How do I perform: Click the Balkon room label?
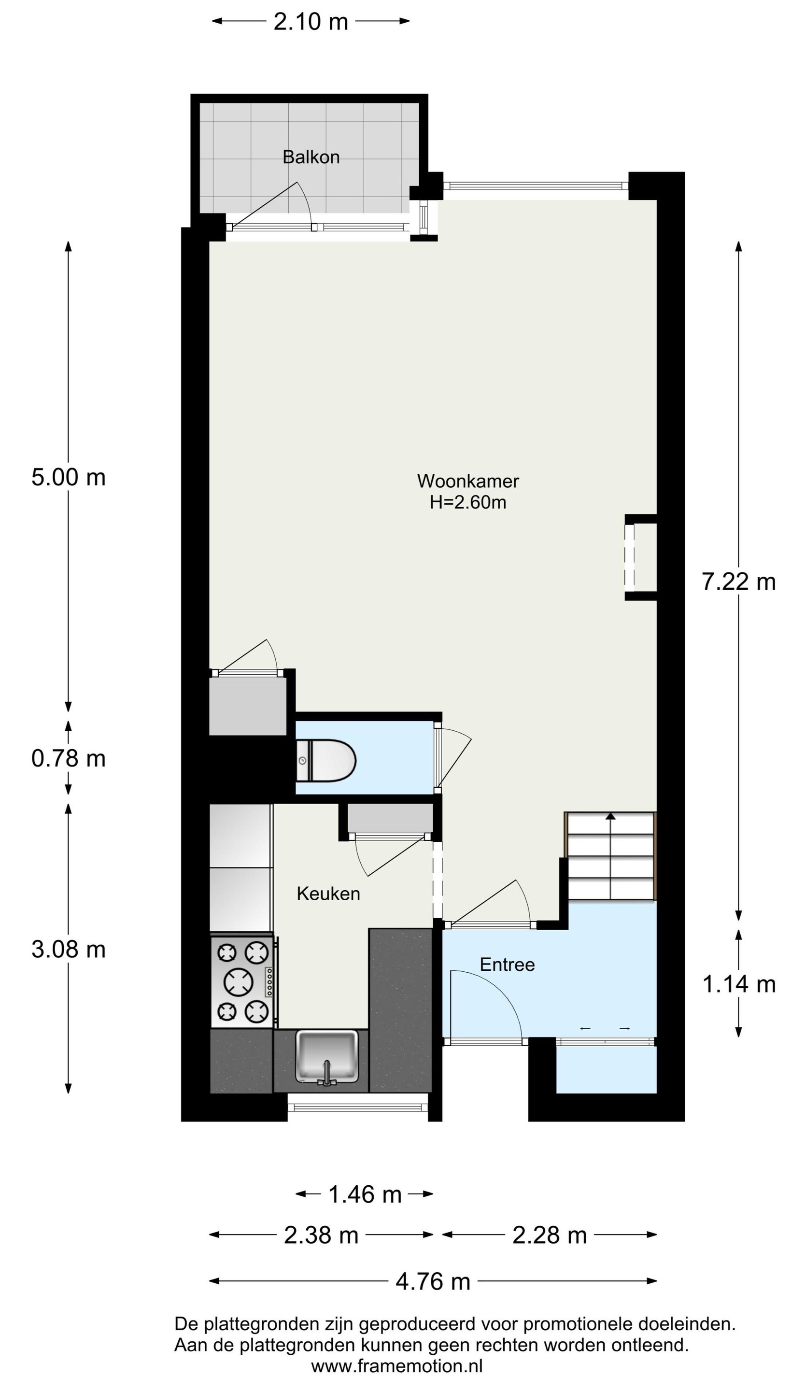coord(311,157)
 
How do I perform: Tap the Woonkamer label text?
coord(468,481)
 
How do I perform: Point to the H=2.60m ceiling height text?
coord(468,502)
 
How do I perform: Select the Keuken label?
coord(328,894)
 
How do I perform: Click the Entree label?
coord(507,965)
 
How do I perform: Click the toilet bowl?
coord(325,761)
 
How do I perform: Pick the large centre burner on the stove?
coord(239,981)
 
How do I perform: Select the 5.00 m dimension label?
coord(69,477)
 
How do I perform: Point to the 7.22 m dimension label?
coord(738,582)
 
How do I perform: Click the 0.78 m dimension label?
coord(69,758)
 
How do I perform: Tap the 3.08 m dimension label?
coord(69,949)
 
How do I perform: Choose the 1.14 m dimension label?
coord(739,984)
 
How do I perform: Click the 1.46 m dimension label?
coord(365,1194)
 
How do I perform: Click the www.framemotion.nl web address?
coord(396,1366)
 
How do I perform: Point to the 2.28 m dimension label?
coord(550,1235)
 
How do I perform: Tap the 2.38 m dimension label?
coord(321,1235)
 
